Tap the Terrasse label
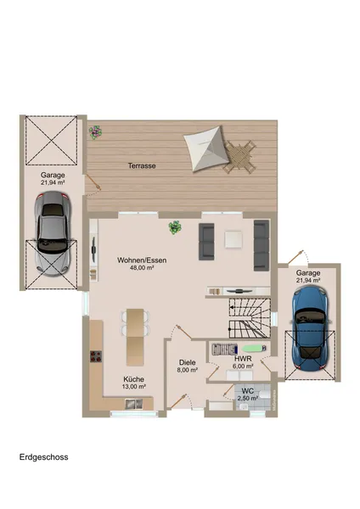coord(142,165)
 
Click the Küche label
coord(134,378)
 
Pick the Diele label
coord(187,361)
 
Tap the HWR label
coord(240,358)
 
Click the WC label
coord(248,390)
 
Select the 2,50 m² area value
coord(248,398)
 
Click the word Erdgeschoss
coord(44,457)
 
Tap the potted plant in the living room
coord(176,227)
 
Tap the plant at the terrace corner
coord(95,131)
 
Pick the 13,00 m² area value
coord(134,387)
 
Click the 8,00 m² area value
coord(187,370)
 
